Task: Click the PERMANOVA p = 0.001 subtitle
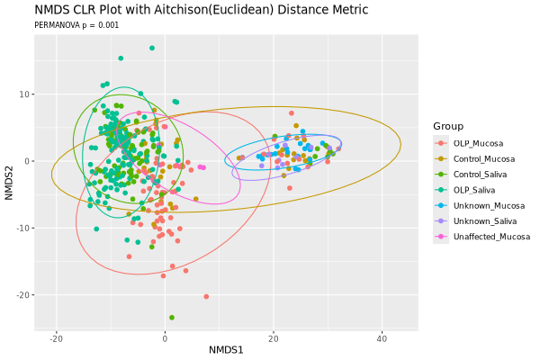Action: point(76,25)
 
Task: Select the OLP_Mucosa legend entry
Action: point(478,143)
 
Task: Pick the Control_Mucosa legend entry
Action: point(483,158)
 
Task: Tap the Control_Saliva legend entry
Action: point(481,174)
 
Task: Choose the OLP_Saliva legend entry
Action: point(476,189)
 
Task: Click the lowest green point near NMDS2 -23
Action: point(171,318)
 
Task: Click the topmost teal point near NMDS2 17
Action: point(152,48)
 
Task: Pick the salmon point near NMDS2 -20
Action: point(206,296)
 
